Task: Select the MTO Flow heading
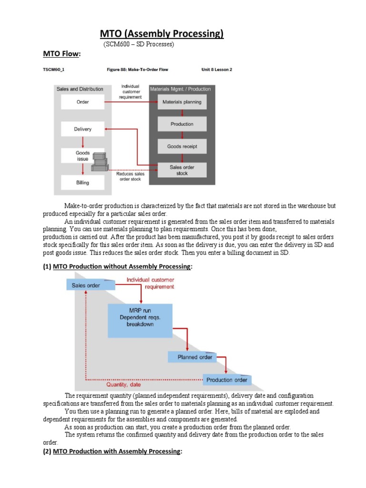click(x=62, y=54)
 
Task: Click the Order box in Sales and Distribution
click(x=82, y=102)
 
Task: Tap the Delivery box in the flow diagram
click(x=82, y=129)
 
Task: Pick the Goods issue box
click(x=82, y=156)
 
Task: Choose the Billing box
click(x=82, y=183)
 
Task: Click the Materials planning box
click(x=182, y=102)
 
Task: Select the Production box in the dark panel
click(x=182, y=124)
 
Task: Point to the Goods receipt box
click(x=182, y=147)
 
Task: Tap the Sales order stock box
click(x=182, y=170)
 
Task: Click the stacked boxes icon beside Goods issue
click(x=100, y=162)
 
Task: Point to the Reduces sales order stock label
click(x=130, y=177)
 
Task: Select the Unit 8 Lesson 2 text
click(x=217, y=70)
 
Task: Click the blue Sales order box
click(x=90, y=285)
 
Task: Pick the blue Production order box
click(x=226, y=380)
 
